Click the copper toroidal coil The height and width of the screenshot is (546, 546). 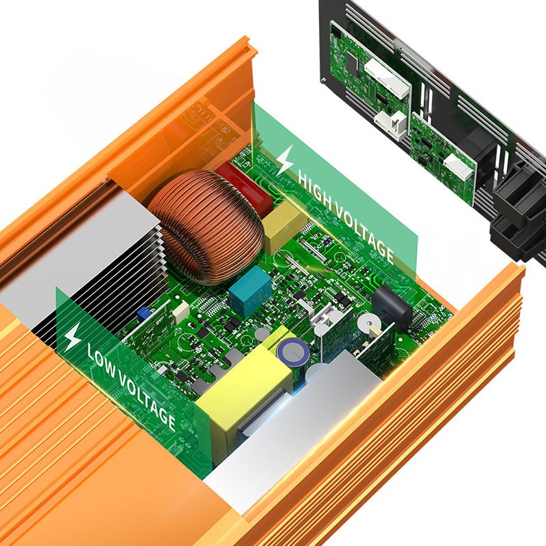pyautogui.click(x=206, y=226)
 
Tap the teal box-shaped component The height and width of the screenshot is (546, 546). pyautogui.click(x=250, y=291)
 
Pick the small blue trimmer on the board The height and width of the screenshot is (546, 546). pyautogui.click(x=143, y=313)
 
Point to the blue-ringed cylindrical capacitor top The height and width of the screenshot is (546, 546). pyautogui.click(x=293, y=352)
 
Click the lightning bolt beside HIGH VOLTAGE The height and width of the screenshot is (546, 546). pyautogui.click(x=285, y=161)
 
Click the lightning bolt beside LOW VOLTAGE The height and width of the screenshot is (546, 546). pyautogui.click(x=73, y=336)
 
